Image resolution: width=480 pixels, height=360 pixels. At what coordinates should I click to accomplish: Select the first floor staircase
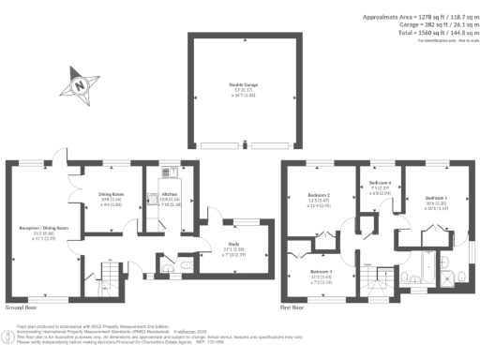382,277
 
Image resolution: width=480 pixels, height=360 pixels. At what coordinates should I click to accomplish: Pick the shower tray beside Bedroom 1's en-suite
460,274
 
